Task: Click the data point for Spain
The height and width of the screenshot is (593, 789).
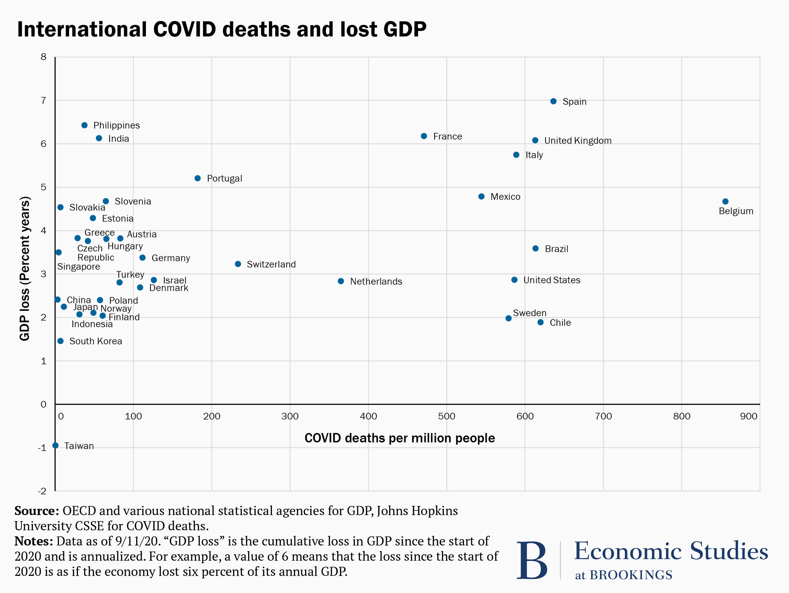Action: [x=553, y=101]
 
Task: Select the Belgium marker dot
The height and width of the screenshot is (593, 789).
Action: [x=725, y=201]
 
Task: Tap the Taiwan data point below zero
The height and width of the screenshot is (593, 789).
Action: [x=55, y=445]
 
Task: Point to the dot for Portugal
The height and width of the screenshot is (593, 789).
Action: [x=198, y=178]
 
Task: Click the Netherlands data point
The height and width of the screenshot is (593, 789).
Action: [x=341, y=281]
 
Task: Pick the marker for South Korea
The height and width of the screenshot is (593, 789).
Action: [x=61, y=341]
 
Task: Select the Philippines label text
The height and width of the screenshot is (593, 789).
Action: [x=117, y=125]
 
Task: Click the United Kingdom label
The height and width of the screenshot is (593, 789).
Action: [x=578, y=141]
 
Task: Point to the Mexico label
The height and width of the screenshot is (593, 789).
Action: [x=505, y=197]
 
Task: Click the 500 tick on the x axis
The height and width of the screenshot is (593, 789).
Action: [x=447, y=416]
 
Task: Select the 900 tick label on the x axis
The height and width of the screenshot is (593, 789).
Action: [x=748, y=416]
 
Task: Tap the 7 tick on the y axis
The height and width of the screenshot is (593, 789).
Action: [x=43, y=101]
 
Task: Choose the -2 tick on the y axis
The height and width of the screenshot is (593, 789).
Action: [x=42, y=491]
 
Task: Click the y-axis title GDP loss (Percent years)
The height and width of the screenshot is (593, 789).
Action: [x=25, y=269]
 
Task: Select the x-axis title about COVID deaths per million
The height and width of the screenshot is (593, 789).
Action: [x=400, y=438]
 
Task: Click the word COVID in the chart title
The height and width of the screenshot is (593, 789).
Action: [x=184, y=29]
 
